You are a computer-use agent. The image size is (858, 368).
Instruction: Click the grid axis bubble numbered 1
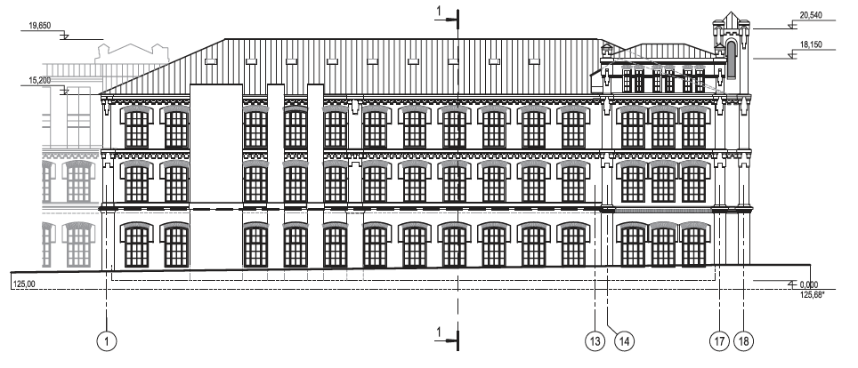click(106, 340)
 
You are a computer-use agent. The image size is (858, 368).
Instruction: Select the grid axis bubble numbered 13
click(594, 340)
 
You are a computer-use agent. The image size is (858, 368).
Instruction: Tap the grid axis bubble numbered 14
click(623, 340)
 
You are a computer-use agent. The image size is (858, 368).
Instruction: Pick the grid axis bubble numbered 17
click(719, 340)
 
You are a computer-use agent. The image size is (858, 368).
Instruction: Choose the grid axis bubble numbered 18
click(746, 340)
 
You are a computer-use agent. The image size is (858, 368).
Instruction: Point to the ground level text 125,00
click(25, 284)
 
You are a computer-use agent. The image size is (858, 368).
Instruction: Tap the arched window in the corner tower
click(732, 59)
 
